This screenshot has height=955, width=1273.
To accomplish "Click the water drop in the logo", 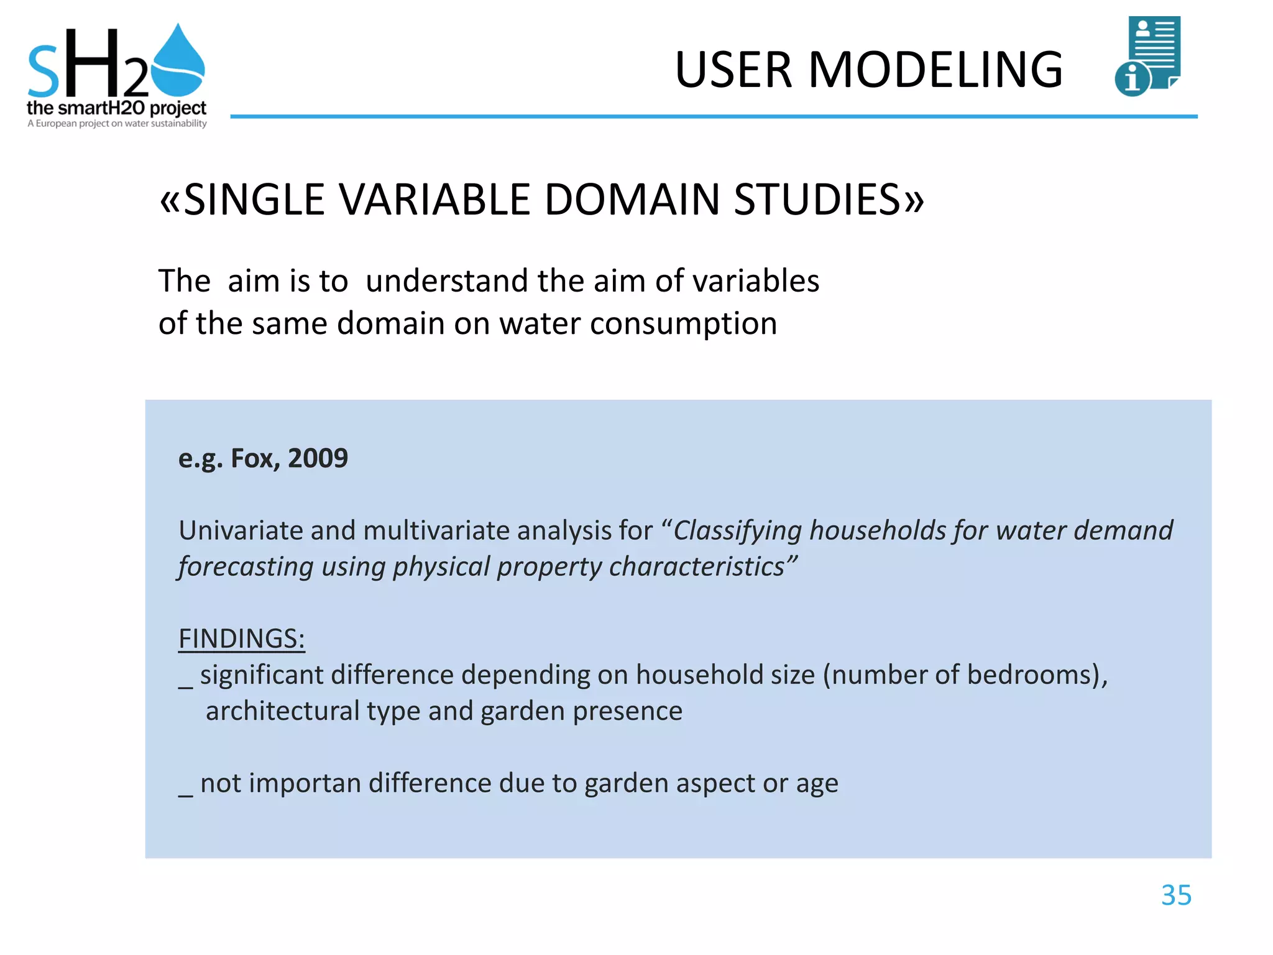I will click(178, 62).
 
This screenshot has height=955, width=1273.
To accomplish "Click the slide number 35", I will click(1176, 895).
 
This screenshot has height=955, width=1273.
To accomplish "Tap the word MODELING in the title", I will click(935, 70).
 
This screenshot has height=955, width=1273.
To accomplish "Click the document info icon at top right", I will click(1148, 56).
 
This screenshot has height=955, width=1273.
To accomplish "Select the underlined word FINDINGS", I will click(241, 639).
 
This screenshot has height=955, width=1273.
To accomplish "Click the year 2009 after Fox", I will click(318, 458).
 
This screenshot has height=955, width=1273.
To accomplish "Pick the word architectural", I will click(282, 711).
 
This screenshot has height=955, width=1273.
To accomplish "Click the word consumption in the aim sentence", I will click(683, 324).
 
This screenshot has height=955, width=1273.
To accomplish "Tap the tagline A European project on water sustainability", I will click(117, 124).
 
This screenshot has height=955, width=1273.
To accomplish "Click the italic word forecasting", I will click(246, 566).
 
